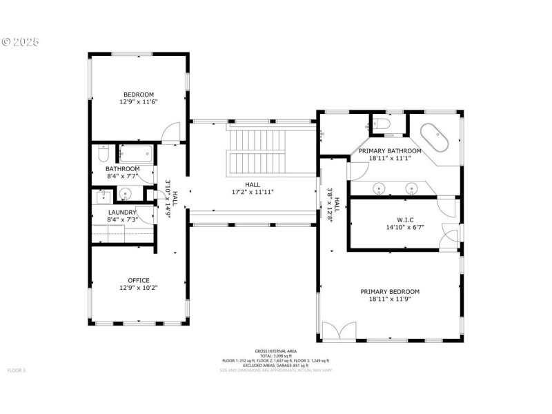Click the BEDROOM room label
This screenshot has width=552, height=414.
click(x=139, y=95)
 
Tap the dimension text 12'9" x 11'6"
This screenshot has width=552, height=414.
click(x=139, y=102)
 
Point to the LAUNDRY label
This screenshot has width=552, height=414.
click(x=122, y=212)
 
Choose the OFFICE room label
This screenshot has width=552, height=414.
click(x=139, y=280)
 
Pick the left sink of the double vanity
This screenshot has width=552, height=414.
click(x=379, y=188)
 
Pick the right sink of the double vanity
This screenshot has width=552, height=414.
click(x=412, y=188)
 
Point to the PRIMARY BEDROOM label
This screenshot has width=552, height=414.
click(x=390, y=291)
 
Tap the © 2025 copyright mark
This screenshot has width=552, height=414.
click(x=21, y=42)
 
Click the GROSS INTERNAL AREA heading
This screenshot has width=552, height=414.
click(x=276, y=351)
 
